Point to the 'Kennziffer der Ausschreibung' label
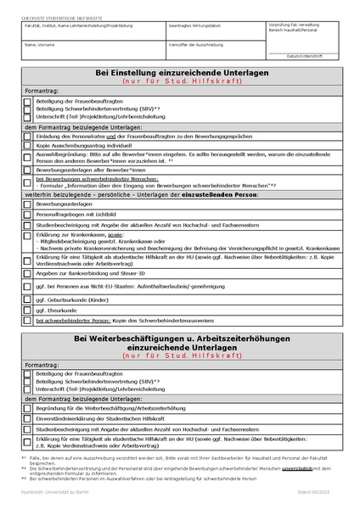coord(195,43)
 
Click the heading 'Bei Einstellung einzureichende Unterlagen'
coord(179,74)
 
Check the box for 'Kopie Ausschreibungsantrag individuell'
coord(27,146)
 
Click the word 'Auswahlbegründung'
coord(57,154)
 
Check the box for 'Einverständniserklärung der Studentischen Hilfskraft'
coord(27,418)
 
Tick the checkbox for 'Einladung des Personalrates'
coord(27,136)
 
